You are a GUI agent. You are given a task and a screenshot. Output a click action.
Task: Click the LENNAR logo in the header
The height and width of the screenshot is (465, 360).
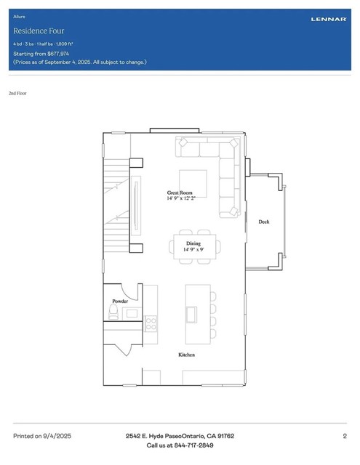pyautogui.click(x=329, y=19)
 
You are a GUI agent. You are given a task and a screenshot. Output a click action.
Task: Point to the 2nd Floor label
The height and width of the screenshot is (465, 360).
pyautogui.click(x=18, y=94)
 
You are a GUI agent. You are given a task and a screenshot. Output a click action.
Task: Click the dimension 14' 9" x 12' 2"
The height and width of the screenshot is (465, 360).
pyautogui.click(x=181, y=198)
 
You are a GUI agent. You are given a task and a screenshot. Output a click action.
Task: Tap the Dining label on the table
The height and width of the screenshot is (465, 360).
pyautogui.click(x=193, y=243)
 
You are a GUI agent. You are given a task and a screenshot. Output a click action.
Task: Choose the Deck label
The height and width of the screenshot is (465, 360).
pyautogui.click(x=263, y=222)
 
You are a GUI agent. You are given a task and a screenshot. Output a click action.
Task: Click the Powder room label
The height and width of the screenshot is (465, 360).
pyautogui.click(x=120, y=301)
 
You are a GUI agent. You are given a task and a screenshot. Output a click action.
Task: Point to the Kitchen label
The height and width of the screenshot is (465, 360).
pyautogui.click(x=187, y=355)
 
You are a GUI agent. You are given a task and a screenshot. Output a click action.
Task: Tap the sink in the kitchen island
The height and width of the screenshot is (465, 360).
pyautogui.click(x=192, y=314)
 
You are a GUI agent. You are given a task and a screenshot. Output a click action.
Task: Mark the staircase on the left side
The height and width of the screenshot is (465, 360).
pyautogui.click(x=116, y=207)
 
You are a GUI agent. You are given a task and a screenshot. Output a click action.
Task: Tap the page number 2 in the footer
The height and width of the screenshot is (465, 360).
pyautogui.click(x=344, y=436)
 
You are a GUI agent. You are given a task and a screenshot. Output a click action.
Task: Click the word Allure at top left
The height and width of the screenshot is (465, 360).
pyautogui.click(x=19, y=15)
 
